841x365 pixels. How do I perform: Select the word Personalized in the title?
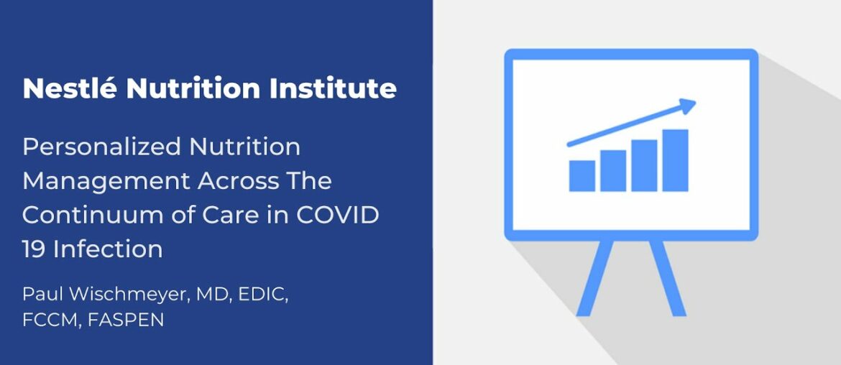click(x=100, y=147)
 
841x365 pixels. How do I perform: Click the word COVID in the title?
click(x=337, y=215)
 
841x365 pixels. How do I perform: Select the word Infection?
click(x=108, y=249)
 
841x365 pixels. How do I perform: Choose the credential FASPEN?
click(x=126, y=320)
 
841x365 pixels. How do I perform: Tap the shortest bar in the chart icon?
click(x=582, y=176)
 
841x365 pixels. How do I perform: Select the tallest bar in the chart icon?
click(x=675, y=160)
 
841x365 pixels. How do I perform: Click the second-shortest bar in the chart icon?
click(x=612, y=171)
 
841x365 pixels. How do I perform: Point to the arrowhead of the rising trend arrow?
click(x=688, y=106)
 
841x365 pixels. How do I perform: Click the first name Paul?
click(x=40, y=295)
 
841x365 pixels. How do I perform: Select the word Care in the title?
click(x=242, y=215)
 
